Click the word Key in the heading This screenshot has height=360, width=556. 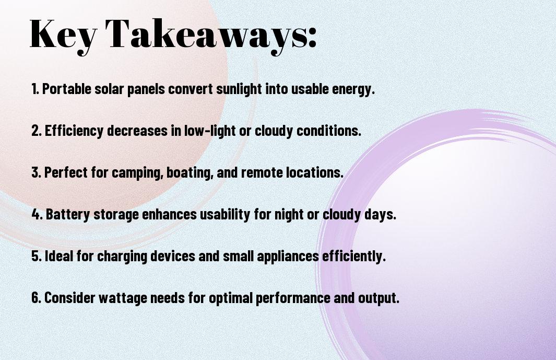[x=63, y=34]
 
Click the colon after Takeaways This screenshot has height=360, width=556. [x=312, y=37]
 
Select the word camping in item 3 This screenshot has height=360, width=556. [x=136, y=173]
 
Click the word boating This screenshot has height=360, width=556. [x=189, y=173]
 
